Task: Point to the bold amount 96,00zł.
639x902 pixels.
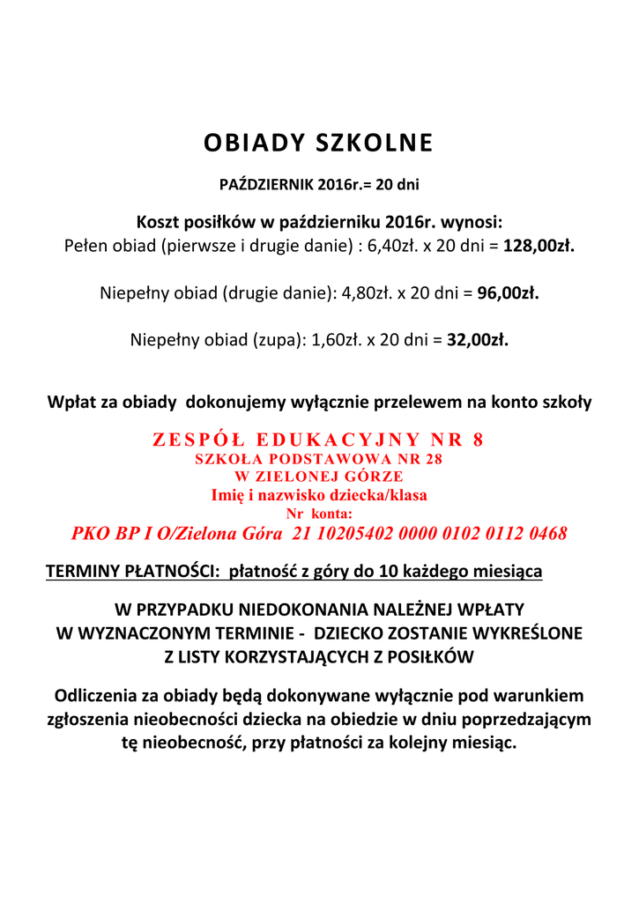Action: [x=508, y=292]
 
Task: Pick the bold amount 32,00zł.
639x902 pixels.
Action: [x=478, y=339]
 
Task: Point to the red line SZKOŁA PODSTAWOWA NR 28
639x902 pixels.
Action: [x=318, y=459]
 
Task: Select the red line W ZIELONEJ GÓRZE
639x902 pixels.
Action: [x=318, y=477]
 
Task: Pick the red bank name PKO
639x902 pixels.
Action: [x=91, y=534]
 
